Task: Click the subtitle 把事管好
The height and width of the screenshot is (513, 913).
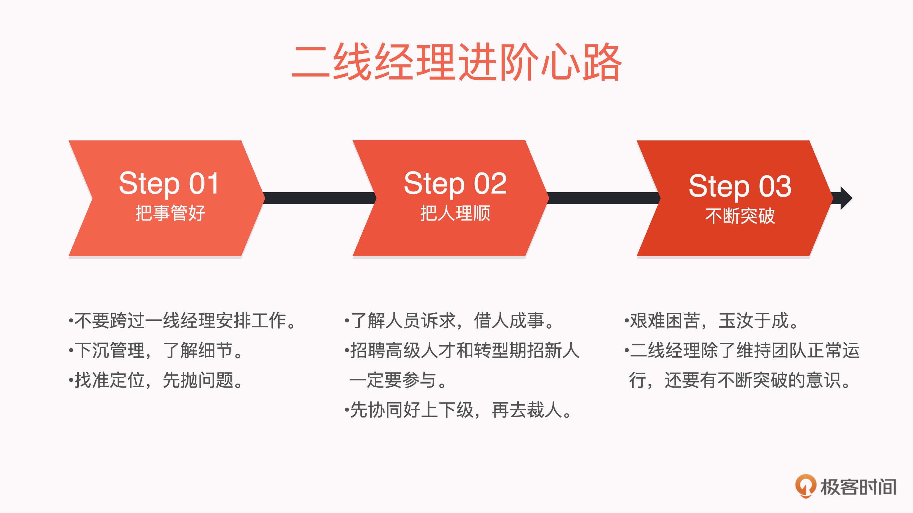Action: (170, 213)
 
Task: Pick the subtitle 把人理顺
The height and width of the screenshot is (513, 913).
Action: (455, 213)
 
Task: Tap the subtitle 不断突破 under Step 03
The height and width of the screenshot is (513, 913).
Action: (740, 216)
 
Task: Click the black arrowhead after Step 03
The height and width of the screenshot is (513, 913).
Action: (846, 198)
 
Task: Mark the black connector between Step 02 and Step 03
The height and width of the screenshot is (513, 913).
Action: (604, 198)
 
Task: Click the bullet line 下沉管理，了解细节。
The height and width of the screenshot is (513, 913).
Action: (156, 351)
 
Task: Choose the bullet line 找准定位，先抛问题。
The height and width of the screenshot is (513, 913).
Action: (156, 380)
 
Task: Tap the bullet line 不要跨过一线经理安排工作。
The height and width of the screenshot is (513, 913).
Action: (182, 321)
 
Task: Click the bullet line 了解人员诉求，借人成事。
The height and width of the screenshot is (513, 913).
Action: (449, 321)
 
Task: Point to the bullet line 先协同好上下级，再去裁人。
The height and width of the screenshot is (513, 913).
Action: (458, 410)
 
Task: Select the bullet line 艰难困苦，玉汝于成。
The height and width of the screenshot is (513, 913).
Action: (711, 321)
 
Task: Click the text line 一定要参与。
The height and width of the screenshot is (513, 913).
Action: (398, 380)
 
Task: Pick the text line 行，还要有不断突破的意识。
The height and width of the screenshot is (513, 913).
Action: (740, 380)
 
